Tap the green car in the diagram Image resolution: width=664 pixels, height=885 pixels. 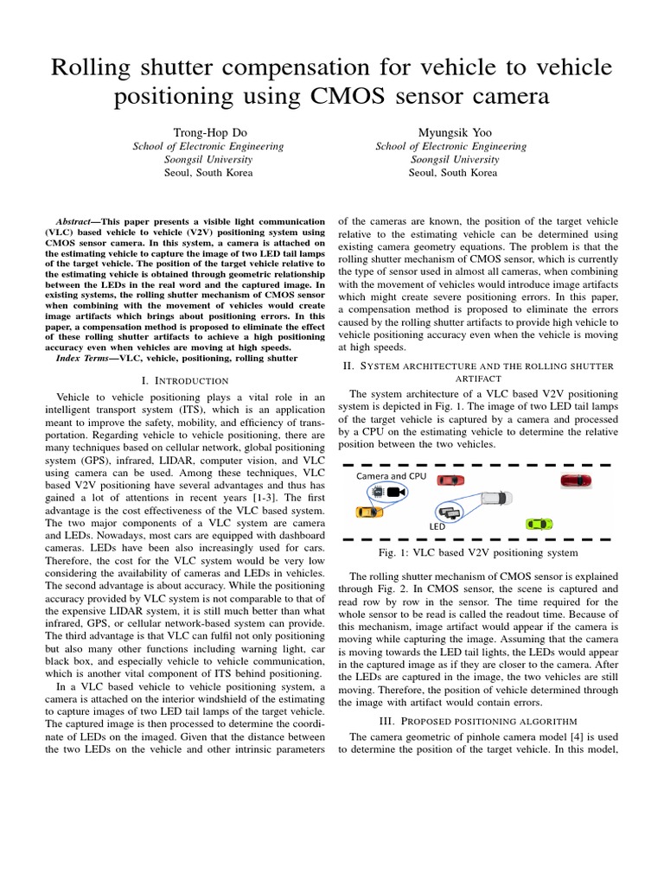(539, 523)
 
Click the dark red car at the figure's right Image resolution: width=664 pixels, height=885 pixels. (575, 480)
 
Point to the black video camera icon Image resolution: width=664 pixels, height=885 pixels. (397, 492)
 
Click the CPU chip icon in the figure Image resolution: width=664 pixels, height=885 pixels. (377, 491)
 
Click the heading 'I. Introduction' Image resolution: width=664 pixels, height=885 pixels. (184, 379)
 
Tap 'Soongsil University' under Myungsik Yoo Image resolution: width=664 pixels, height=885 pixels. (453, 159)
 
